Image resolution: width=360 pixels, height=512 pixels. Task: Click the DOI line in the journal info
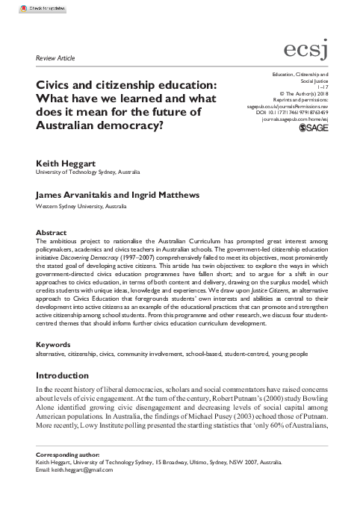tap(308, 113)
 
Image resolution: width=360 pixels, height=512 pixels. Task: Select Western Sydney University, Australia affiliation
tap(83, 205)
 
